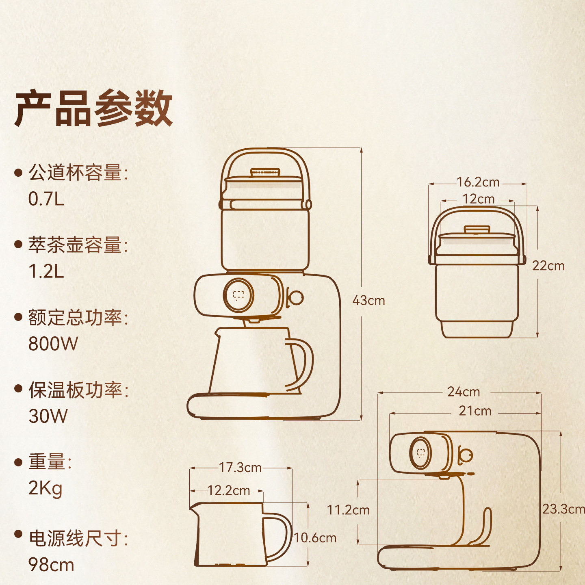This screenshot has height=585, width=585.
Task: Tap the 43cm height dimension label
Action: [x=368, y=301]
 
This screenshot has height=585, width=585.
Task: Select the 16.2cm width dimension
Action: [x=478, y=182]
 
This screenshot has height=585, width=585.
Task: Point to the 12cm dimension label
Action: [x=478, y=199]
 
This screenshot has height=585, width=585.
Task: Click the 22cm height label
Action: [x=548, y=266]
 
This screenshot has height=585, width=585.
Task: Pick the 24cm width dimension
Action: [x=464, y=392]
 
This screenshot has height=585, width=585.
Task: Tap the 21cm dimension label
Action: [x=475, y=411]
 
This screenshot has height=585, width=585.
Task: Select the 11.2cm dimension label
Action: [x=348, y=510]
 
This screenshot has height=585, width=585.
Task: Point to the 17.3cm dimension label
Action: [x=240, y=468]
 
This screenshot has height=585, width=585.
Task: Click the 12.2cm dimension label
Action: [x=228, y=491]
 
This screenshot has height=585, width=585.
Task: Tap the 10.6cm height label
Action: [x=315, y=538]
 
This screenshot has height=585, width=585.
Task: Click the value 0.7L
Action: [x=46, y=199]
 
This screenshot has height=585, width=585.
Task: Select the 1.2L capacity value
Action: [x=46, y=271]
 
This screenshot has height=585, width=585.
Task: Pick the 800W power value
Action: [x=53, y=344]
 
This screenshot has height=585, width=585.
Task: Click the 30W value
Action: [x=48, y=416]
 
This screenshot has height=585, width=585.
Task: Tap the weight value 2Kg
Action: [x=45, y=488]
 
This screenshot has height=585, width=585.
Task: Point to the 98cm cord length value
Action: [x=51, y=565]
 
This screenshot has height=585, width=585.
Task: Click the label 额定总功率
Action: [x=75, y=317]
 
